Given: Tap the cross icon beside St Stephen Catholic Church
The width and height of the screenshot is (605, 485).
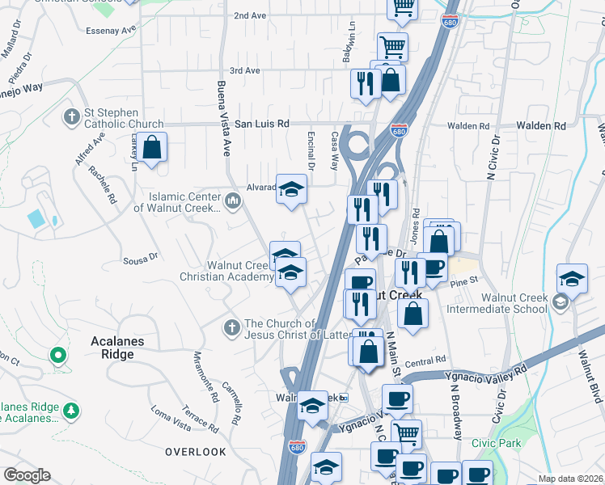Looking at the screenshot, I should [x=71, y=118].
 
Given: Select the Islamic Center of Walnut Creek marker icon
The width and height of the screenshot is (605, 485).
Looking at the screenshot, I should [x=233, y=200].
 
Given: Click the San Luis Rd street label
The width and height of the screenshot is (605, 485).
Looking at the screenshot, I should [x=261, y=124].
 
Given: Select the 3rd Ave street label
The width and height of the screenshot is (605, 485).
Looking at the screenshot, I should [x=244, y=71].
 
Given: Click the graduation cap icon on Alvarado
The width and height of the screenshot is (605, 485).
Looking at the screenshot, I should [x=291, y=191].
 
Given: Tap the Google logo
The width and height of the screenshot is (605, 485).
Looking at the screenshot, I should [x=27, y=474].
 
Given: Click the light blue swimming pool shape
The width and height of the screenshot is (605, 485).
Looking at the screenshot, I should [x=36, y=218].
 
